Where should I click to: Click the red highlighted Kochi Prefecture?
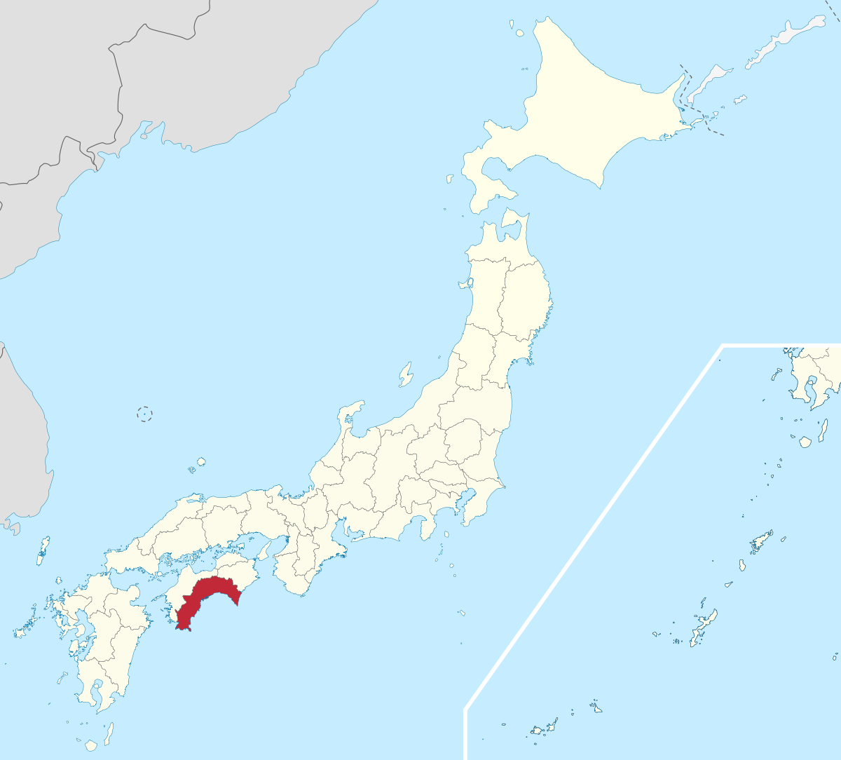coord(207,596)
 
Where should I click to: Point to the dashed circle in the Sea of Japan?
coord(144,414)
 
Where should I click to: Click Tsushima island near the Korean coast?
coord(44,550)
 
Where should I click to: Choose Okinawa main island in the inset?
coord(703,627)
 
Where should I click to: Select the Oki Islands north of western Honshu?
coord(200,462)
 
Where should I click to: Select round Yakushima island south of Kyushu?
coord(90,745)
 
